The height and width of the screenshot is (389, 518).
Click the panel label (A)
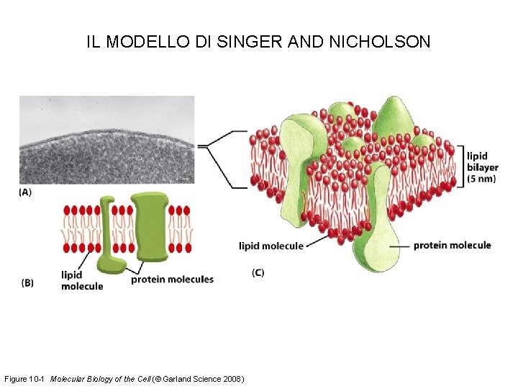coord(25,192)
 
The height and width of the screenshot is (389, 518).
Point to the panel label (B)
coord(27,283)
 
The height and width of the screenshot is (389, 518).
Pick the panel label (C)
coord(258,272)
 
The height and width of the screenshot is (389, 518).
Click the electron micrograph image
coord(106,140)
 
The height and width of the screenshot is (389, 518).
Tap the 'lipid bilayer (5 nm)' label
coord(481,167)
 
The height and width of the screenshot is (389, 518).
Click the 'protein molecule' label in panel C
coord(452,246)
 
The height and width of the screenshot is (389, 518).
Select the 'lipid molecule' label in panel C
coord(271,246)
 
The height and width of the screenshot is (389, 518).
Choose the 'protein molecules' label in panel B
coord(172,280)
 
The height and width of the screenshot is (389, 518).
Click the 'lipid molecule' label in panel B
coord(81,280)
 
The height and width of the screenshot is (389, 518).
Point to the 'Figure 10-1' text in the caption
coord(25,379)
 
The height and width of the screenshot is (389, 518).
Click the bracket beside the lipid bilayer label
coord(458,166)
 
